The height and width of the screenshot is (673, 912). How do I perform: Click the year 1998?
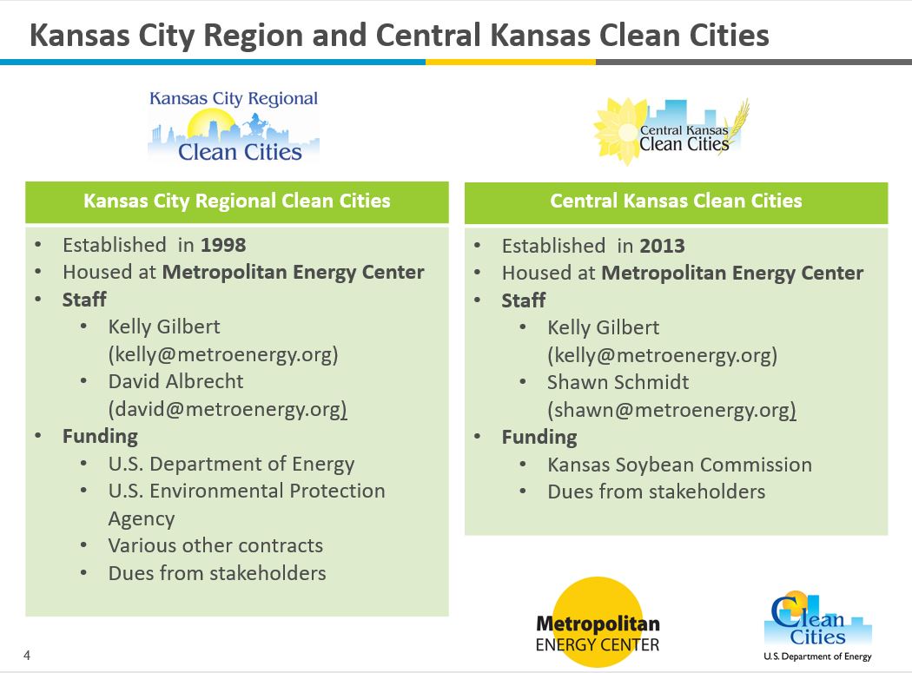pos(223,245)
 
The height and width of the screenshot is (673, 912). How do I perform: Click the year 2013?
pos(663,246)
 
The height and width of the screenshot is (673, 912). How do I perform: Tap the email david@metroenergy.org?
pos(228,409)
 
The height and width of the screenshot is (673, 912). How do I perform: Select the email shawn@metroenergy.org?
pos(671,410)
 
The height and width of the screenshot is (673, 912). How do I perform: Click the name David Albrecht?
pos(175,381)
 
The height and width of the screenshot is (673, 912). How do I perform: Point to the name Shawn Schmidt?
pos(618,382)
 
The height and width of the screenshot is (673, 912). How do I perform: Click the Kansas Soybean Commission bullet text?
pos(679,465)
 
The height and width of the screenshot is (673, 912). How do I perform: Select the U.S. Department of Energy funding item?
pos(232,465)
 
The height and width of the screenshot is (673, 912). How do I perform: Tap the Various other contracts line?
pos(215,545)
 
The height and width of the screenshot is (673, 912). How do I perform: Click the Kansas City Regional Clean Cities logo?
pos(234,126)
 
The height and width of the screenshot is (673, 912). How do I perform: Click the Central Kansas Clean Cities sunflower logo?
pos(671,131)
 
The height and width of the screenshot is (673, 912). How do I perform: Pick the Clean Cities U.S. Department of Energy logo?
pos(817,626)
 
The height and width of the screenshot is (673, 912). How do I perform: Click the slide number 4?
pos(27,656)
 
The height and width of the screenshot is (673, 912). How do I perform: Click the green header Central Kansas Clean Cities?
pos(676,201)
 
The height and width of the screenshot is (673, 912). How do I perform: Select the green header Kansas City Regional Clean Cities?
pos(237,201)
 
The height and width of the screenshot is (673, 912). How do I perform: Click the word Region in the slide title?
pos(253,36)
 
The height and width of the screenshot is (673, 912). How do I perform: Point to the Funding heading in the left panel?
pos(100,437)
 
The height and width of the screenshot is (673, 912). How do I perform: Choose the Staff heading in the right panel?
pos(524,300)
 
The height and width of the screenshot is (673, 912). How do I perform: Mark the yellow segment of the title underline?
pos(511,62)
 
